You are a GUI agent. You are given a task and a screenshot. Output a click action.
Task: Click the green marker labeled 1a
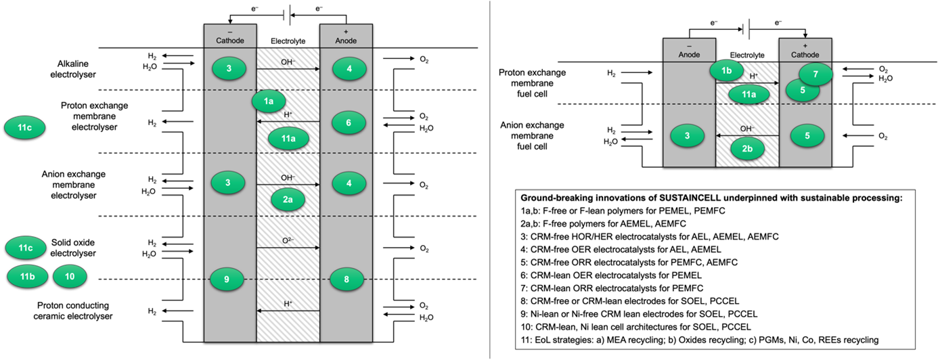pos(269,102)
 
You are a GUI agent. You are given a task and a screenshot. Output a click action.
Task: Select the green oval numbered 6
pos(349,122)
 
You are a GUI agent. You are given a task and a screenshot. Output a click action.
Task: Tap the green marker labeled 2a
pos(288,200)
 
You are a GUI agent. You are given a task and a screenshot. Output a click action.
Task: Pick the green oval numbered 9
pos(227,279)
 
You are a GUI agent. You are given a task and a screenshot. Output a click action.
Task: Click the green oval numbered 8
pos(347,279)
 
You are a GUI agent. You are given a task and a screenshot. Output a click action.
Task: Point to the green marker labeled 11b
pos(27,276)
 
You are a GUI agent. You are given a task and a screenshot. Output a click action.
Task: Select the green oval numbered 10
pos(70,276)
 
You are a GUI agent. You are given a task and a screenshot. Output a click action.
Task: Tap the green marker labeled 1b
pos(726,71)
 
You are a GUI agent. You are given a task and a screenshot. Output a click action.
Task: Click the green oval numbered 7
pos(816,74)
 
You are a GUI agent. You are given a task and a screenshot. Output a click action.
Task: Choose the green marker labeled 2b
pos(747,149)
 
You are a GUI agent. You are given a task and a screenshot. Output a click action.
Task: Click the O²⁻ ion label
pos(288,240)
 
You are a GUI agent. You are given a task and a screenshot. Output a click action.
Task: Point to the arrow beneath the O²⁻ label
pos(288,248)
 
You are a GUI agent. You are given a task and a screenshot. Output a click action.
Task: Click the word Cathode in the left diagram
pos(230,41)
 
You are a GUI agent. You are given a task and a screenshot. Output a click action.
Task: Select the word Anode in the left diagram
pos(346,41)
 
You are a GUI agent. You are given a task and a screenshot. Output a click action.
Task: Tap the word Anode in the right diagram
pos(689,55)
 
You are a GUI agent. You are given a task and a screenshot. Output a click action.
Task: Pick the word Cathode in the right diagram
pos(805,55)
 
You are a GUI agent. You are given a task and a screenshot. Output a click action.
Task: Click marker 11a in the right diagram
pos(749,95)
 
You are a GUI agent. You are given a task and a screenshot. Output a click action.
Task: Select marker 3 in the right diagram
pos(687,136)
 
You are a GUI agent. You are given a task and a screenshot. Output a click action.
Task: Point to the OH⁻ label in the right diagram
pos(747,129)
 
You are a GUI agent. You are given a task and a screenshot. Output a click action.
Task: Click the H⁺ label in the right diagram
pos(753,76)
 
